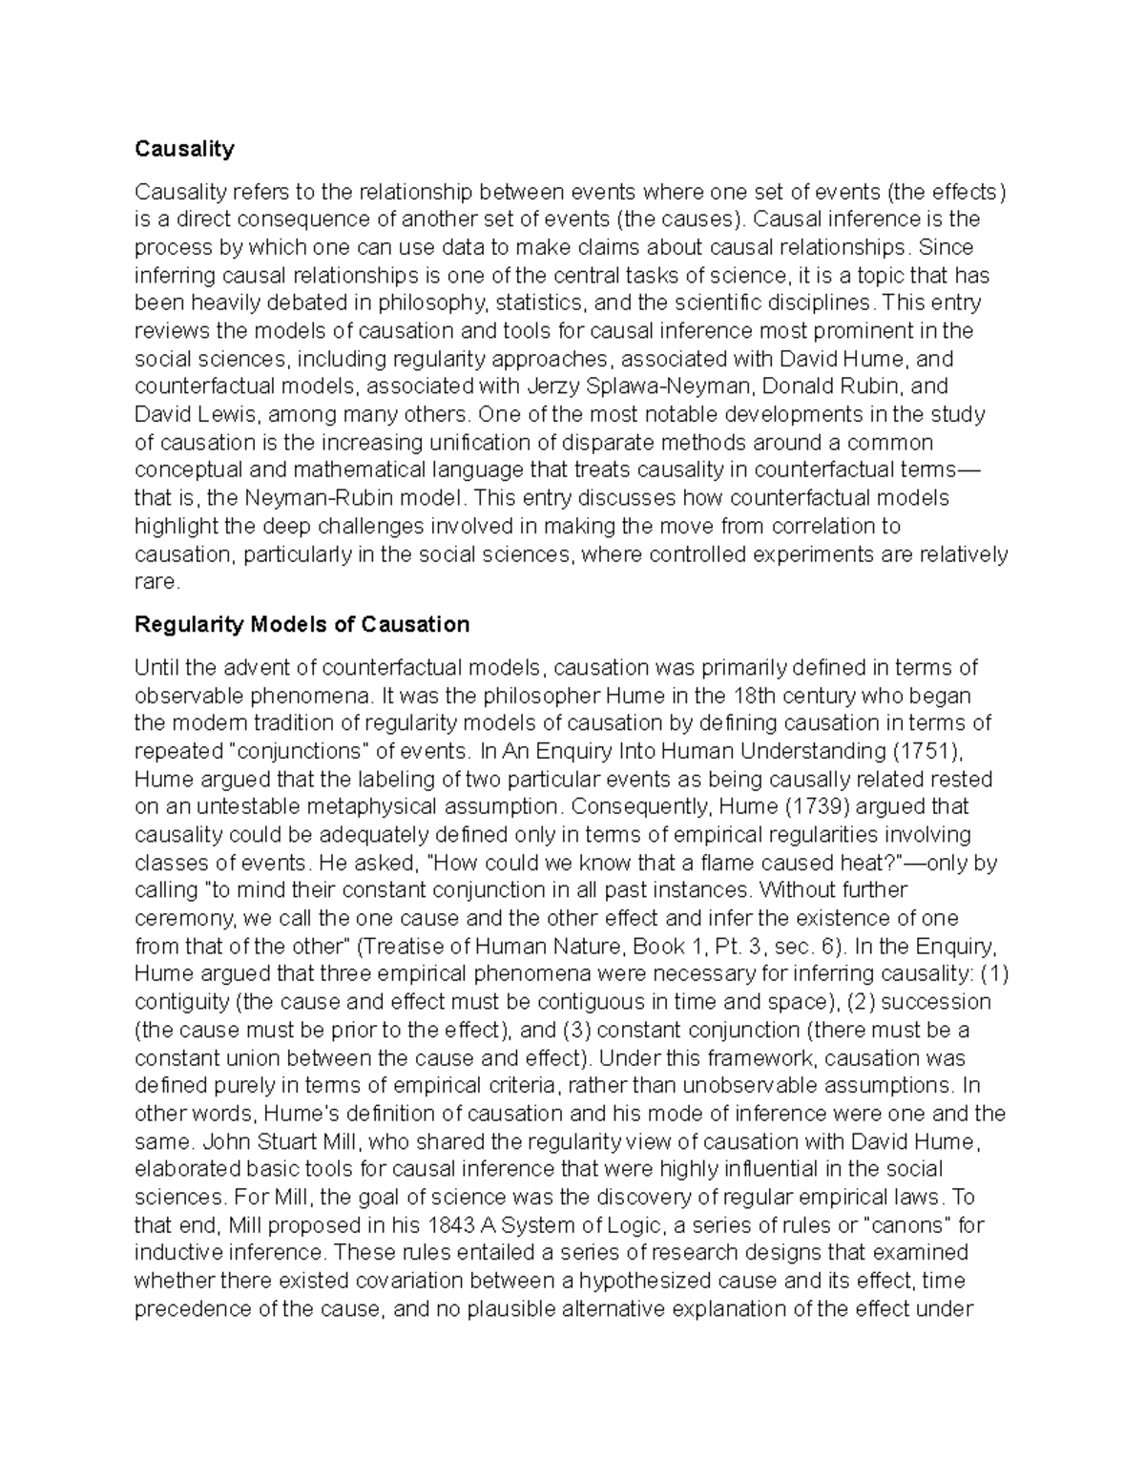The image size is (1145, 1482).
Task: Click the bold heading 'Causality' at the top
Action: click(x=184, y=149)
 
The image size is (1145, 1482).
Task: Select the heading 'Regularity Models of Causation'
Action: click(x=302, y=624)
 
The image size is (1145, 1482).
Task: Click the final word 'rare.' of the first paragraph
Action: click(x=156, y=582)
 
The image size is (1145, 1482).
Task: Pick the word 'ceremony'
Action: click(x=182, y=918)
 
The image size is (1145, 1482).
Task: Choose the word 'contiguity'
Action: click(x=182, y=1002)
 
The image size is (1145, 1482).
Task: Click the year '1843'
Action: click(x=451, y=1225)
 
